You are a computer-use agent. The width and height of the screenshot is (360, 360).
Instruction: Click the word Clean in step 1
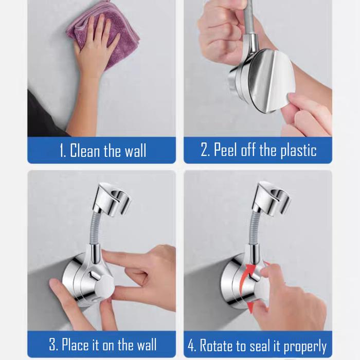(85, 150)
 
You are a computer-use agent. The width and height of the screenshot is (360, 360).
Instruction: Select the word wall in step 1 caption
(135, 150)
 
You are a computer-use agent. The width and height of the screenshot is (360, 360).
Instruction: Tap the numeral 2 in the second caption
(204, 150)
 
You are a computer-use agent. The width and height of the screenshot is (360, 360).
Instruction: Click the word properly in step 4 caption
(305, 346)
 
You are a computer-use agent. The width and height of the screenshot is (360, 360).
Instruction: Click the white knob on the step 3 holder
(104, 287)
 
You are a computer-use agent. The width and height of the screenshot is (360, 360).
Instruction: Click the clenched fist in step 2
(221, 34)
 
